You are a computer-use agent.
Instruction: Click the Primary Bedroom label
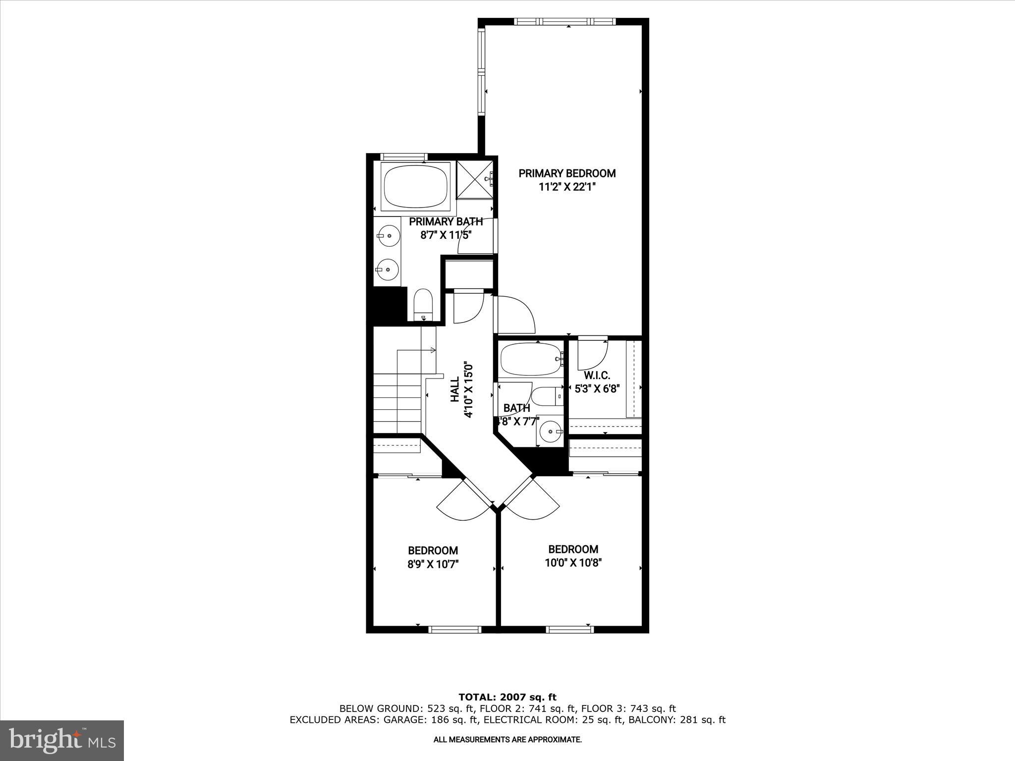point(567,173)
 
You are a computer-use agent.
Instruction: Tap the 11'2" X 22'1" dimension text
point(567,187)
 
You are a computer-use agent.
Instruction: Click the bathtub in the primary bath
point(415,187)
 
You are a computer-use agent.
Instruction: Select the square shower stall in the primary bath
point(475,179)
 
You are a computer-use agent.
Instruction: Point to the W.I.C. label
point(597,376)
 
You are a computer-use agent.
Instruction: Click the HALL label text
point(455,389)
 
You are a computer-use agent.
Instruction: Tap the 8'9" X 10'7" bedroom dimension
point(433,564)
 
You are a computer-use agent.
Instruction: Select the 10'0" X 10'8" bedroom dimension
point(573,563)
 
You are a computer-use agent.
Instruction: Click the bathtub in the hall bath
point(530,360)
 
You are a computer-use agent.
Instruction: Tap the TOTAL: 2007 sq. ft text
point(507,697)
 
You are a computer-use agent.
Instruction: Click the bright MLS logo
point(62,740)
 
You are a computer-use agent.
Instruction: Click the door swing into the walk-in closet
point(593,352)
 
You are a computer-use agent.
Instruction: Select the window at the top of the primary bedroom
point(564,22)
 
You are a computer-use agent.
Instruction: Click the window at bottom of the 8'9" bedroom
point(454,630)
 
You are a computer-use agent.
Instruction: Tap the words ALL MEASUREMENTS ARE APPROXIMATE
point(507,740)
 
